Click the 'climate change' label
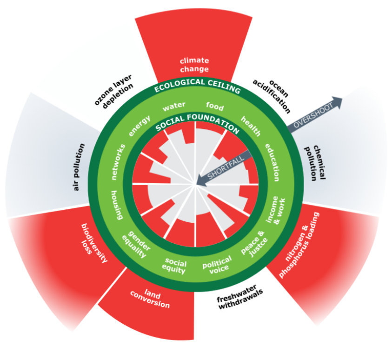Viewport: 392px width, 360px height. [194, 65]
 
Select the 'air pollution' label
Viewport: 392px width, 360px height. [79, 167]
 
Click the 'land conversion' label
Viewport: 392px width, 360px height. [150, 299]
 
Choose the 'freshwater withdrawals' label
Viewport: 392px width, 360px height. [239, 297]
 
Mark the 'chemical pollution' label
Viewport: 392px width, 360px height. [315, 163]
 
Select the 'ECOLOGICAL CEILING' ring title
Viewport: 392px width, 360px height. [197, 86]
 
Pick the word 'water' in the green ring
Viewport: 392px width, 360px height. [174, 106]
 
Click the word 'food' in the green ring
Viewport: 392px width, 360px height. [215, 106]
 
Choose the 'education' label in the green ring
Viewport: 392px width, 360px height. [272, 162]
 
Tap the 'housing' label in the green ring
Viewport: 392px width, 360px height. [117, 205]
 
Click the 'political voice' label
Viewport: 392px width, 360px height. [217, 265]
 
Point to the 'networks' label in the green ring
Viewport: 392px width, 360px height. [118, 162]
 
